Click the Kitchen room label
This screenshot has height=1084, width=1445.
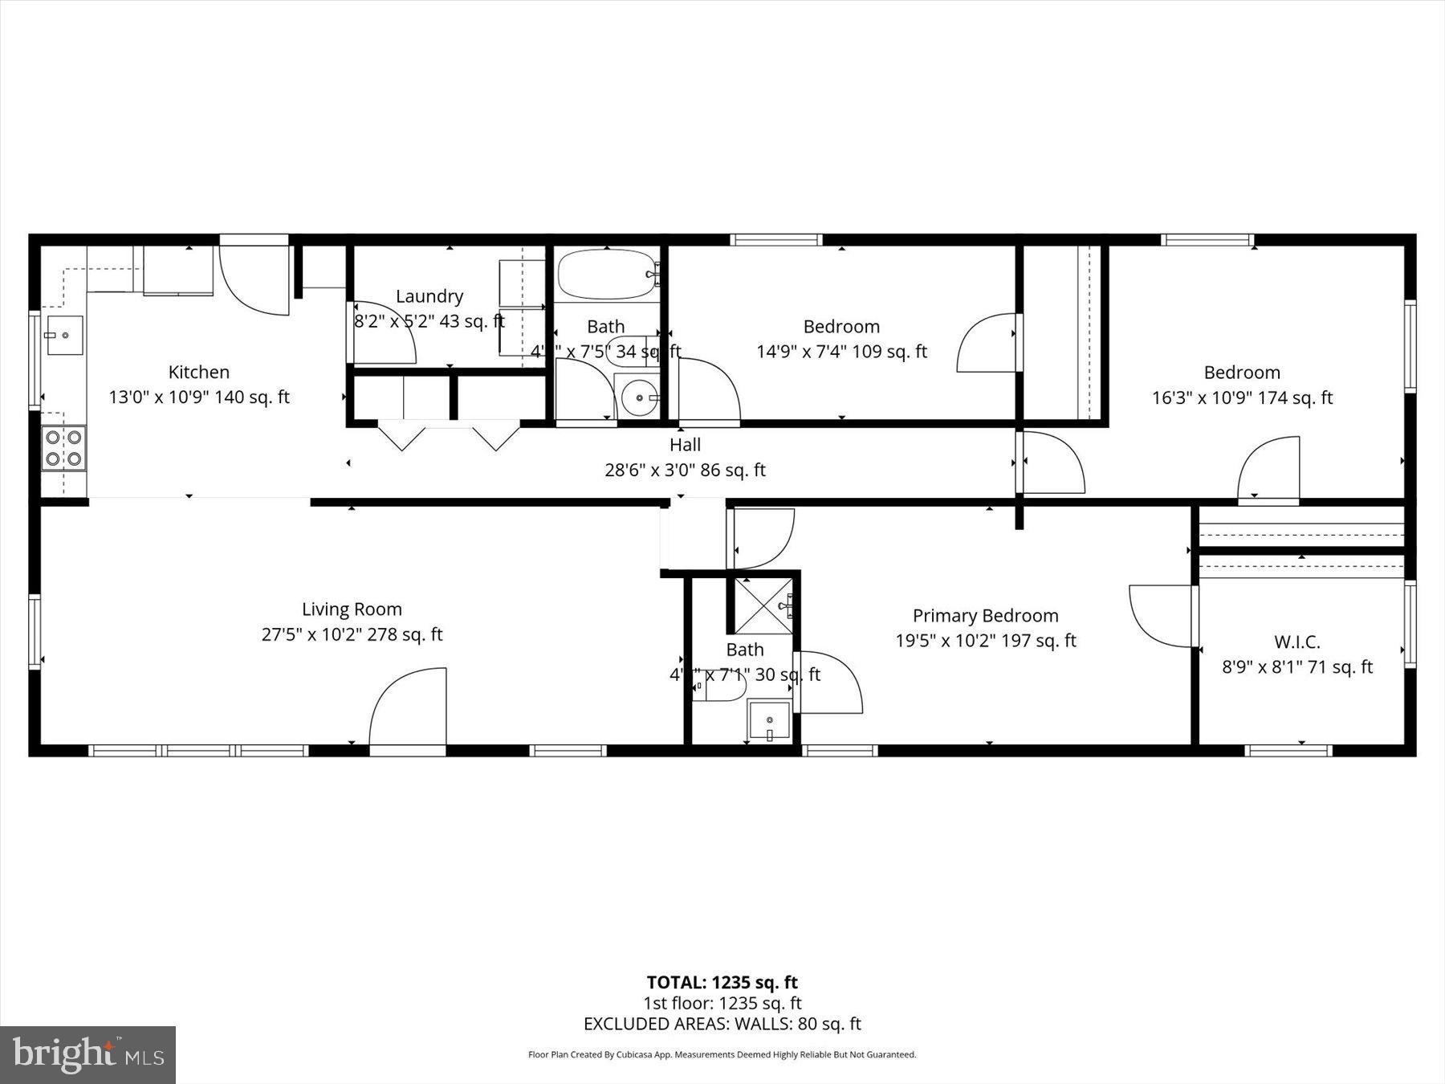click(x=199, y=372)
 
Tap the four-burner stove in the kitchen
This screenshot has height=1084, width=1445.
click(x=64, y=448)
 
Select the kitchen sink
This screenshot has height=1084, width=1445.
click(x=64, y=335)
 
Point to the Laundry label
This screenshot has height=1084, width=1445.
click(x=429, y=296)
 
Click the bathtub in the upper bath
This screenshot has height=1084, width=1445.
click(x=607, y=275)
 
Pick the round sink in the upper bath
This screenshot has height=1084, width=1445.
click(x=640, y=397)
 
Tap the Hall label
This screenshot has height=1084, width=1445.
click(x=685, y=445)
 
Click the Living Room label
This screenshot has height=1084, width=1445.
click(x=352, y=609)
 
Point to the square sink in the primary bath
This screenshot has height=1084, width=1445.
click(x=769, y=720)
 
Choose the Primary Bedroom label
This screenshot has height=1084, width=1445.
click(x=985, y=616)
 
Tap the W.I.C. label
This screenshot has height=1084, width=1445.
click(x=1296, y=642)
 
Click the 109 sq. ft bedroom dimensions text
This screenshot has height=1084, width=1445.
click(x=841, y=352)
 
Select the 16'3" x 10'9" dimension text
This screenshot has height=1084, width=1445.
click(x=1242, y=398)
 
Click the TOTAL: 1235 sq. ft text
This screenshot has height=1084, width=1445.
click(x=722, y=982)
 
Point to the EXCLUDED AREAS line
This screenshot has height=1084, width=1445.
click(x=722, y=1024)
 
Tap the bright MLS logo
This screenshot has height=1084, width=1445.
click(x=88, y=1054)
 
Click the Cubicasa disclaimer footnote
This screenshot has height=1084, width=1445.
click(x=722, y=1055)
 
